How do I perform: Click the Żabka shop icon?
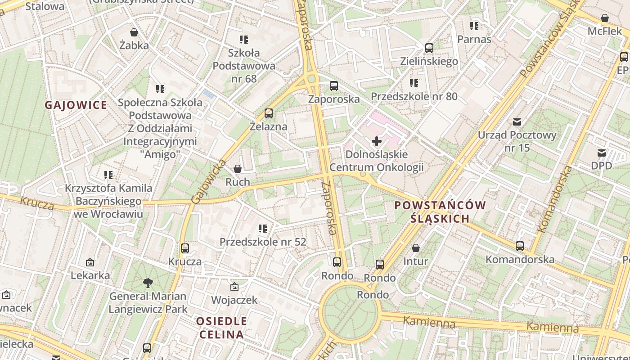point(134,32)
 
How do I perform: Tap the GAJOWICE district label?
point(76,105)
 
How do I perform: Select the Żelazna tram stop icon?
point(269,113)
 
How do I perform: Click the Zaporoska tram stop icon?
point(334,86)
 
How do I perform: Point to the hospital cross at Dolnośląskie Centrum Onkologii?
point(377,142)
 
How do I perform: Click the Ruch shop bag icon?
point(238,169)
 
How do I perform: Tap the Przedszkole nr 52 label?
point(263,242)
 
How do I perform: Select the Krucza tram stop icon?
point(185,248)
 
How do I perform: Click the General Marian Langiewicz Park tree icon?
point(148,283)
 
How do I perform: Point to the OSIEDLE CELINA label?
point(222,328)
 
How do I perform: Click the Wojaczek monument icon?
point(234,287)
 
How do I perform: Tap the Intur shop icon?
point(416,248)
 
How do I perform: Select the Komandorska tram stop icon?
point(520,246)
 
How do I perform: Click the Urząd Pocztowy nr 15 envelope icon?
point(517,121)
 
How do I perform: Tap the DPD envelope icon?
point(602,153)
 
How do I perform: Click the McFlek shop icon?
point(605,18)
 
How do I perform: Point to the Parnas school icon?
point(474,26)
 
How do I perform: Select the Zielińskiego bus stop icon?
point(429,48)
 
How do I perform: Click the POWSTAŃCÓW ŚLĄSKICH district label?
point(440,212)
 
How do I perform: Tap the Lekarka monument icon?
point(90,262)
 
